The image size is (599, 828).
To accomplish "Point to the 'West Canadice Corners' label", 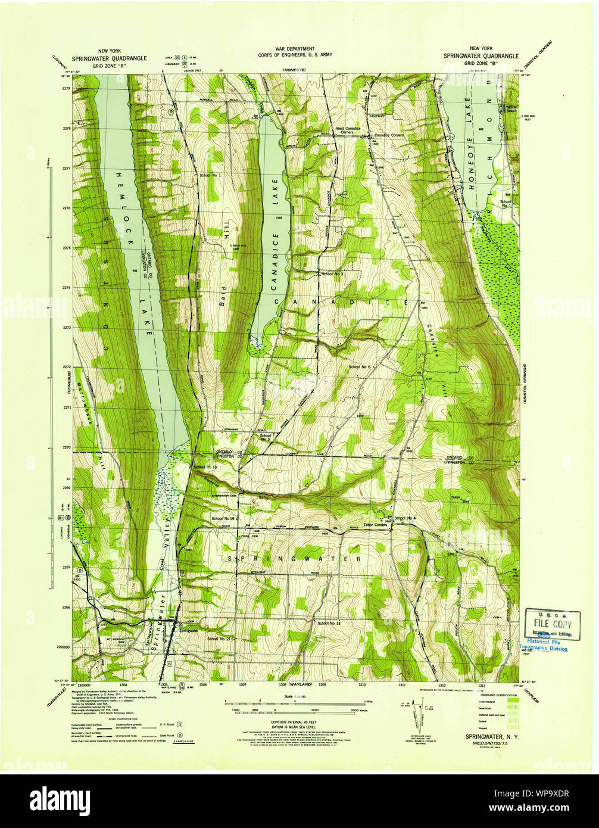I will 348,130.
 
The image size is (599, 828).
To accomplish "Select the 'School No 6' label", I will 360,367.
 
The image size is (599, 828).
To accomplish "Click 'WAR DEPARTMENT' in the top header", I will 294,49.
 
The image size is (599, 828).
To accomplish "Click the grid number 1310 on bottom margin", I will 362,685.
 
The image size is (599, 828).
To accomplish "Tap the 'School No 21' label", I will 219,639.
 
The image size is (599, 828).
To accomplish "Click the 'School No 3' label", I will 332,274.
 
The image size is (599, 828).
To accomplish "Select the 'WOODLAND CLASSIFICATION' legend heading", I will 492,696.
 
